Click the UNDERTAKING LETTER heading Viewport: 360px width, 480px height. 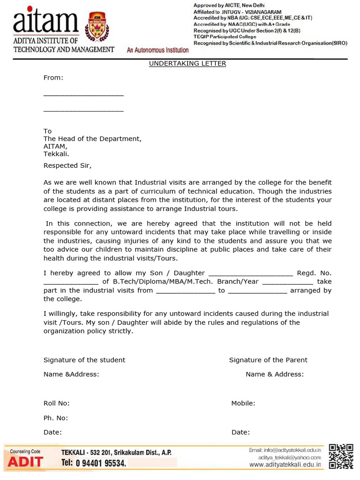click(x=187, y=63)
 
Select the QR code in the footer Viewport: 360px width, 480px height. click(x=341, y=456)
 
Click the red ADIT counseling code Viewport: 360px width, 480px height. click(x=25, y=462)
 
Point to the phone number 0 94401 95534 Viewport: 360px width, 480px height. click(x=100, y=463)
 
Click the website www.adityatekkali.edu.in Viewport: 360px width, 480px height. click(x=285, y=465)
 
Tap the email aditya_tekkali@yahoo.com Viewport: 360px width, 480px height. click(x=289, y=457)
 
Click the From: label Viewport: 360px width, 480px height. click(x=53, y=78)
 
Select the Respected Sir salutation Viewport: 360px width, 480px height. click(x=67, y=165)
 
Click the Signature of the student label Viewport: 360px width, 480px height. click(x=84, y=360)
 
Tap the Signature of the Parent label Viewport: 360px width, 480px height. click(x=268, y=360)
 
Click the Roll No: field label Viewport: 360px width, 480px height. click(x=56, y=403)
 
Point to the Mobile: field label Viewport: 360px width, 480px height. click(x=243, y=403)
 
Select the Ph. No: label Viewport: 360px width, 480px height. click(x=56, y=418)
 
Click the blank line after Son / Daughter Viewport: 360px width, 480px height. click(x=250, y=274)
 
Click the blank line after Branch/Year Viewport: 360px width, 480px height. click(x=287, y=283)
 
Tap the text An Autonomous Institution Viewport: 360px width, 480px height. click(x=158, y=50)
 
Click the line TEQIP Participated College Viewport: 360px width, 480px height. click(x=225, y=37)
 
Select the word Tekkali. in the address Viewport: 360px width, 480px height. click(x=56, y=154)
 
